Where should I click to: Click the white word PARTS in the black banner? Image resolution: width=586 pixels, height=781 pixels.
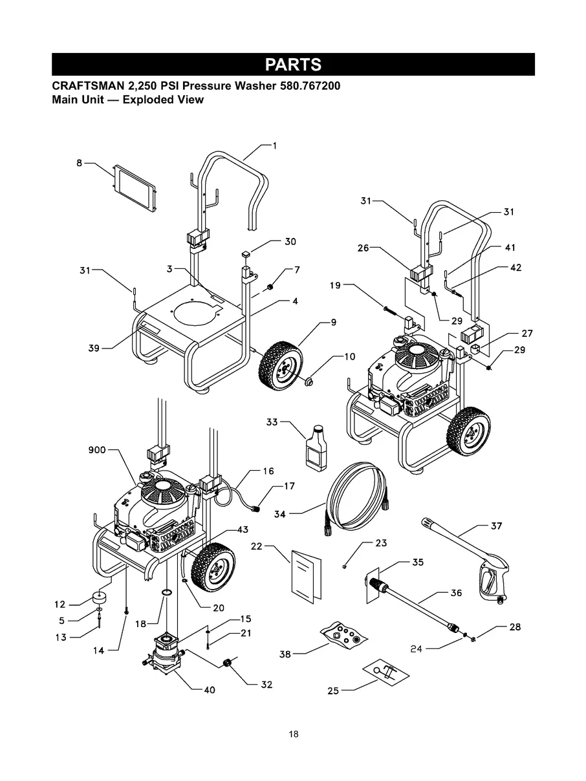293,65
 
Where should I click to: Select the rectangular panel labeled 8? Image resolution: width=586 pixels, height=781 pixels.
134,189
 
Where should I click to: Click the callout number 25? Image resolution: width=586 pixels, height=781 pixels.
333,691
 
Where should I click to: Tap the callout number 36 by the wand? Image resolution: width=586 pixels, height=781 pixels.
457,593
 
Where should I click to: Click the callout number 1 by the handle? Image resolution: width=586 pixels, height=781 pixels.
274,146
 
